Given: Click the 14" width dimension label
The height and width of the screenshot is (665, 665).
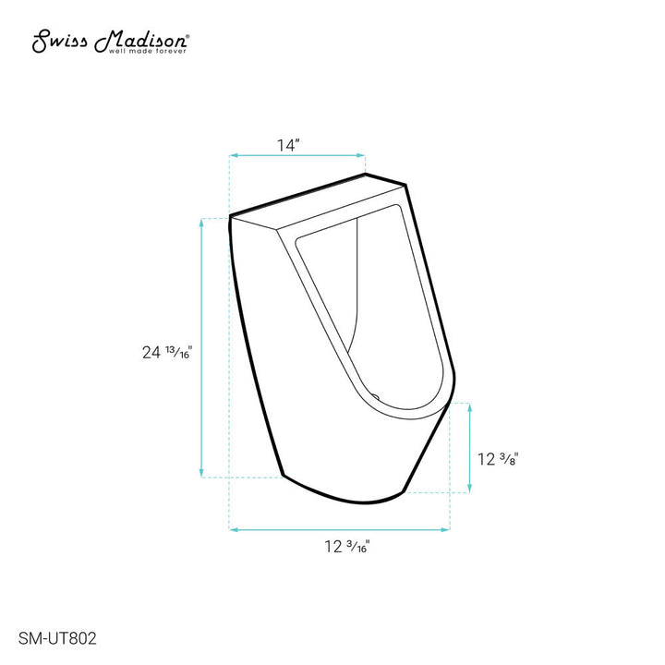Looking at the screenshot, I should coord(288,144).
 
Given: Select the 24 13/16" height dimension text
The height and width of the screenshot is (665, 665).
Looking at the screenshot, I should coord(166,352).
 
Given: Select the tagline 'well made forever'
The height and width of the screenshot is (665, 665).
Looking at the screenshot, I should coord(149,52).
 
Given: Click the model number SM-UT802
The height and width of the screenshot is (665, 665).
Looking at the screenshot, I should coord(59,636).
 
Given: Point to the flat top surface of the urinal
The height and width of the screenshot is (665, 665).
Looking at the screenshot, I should coord(319,199).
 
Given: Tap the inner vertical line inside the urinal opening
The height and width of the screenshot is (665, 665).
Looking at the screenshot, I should coord(356,286).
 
